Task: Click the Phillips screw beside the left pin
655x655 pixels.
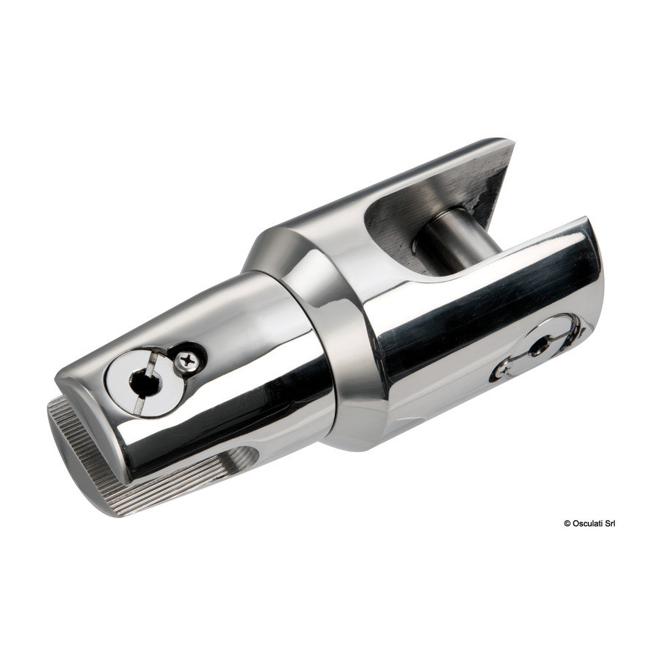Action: point(187,360)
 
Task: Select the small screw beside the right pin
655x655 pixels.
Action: point(504,369)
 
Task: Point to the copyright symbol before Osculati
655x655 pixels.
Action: point(567,523)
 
